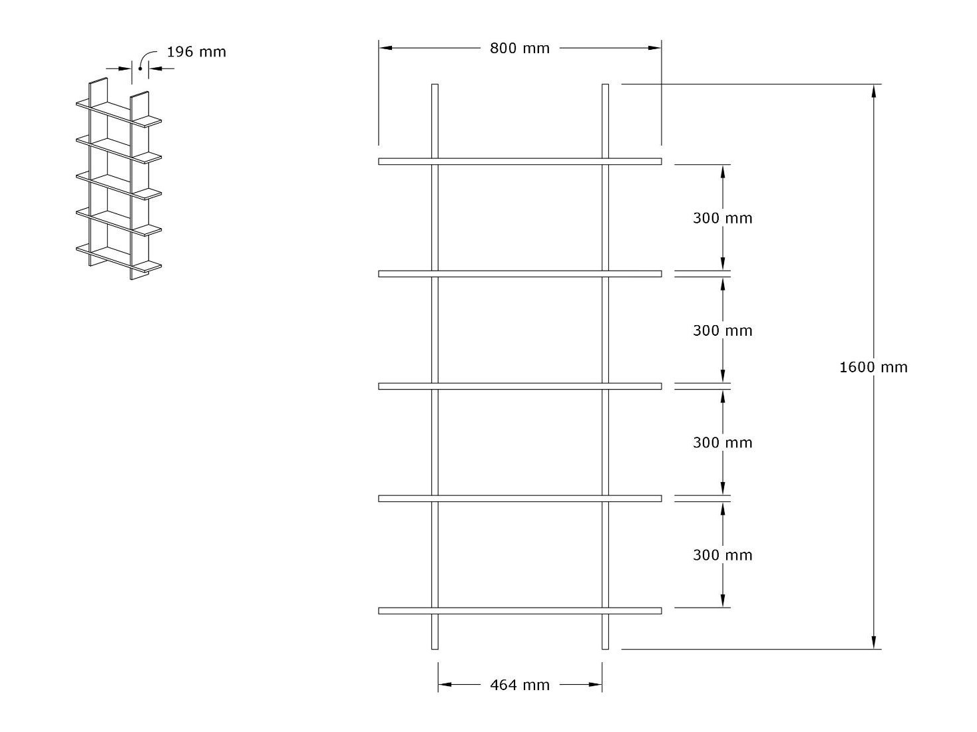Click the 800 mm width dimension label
(x=520, y=48)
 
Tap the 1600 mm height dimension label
(x=873, y=367)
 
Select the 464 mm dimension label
(x=520, y=685)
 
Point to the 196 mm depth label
(x=196, y=52)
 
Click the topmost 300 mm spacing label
(x=722, y=218)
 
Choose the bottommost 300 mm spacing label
(x=722, y=555)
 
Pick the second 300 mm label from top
(x=722, y=330)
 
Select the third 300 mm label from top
(x=722, y=443)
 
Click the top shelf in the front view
(x=520, y=161)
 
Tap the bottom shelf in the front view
(x=520, y=610)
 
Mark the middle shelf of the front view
(x=520, y=386)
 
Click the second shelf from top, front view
(x=520, y=274)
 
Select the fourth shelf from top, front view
(x=520, y=499)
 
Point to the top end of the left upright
(x=435, y=87)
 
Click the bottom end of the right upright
(x=605, y=646)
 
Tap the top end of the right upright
(x=605, y=87)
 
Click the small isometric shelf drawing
(x=118, y=180)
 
